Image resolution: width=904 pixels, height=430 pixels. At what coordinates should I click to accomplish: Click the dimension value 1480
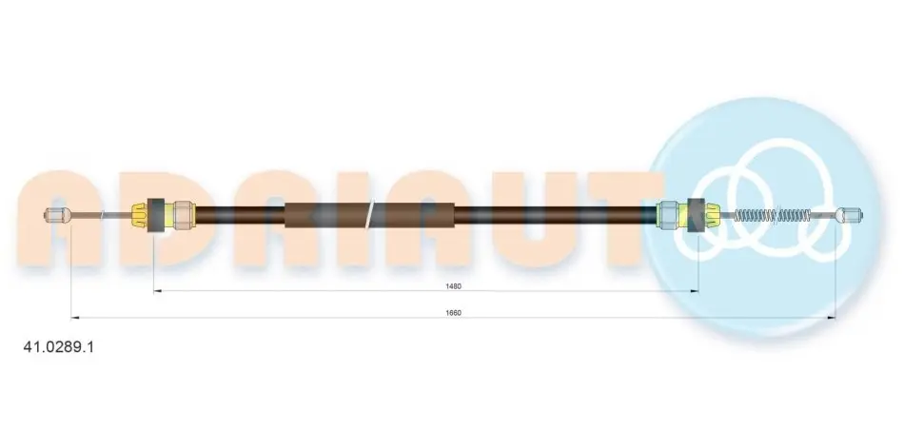pyautogui.click(x=453, y=286)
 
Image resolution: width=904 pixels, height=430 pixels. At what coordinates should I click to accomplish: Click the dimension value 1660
pyautogui.click(x=453, y=312)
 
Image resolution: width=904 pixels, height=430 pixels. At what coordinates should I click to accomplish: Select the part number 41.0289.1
pyautogui.click(x=58, y=347)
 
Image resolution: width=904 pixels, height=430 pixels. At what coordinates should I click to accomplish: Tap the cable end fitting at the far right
pyautogui.click(x=849, y=216)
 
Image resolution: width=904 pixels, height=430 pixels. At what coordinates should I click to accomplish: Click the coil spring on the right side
pyautogui.click(x=772, y=216)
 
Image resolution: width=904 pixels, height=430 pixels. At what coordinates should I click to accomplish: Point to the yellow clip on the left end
pyautogui.click(x=140, y=215)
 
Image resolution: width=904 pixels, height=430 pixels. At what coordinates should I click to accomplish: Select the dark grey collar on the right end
pyautogui.click(x=697, y=216)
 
